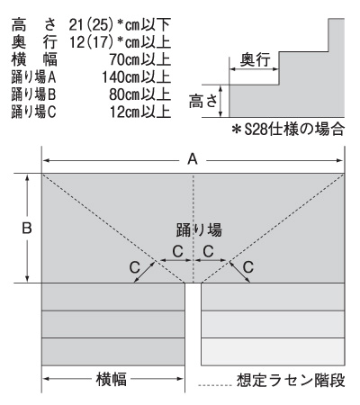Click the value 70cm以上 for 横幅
coord(139,59)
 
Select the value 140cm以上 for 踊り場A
coord(136,77)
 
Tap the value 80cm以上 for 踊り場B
coord(139,94)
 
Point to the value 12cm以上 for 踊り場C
coord(139,112)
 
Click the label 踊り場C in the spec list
coord(33,112)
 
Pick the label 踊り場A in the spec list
coord(33,77)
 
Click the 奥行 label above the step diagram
coord(255,59)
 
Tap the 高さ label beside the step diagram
coord(203,101)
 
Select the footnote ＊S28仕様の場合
coord(288,130)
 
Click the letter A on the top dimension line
coord(193,159)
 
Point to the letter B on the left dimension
coord(27,229)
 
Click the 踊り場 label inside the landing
coord(199,230)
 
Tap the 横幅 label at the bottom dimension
coord(112,379)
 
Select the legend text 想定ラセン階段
coord(291,381)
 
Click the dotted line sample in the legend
coord(215,385)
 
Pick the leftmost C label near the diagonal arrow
coord(135,267)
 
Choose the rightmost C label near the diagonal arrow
coord(248,267)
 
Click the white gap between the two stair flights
coord(193,324)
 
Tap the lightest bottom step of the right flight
coord(273,352)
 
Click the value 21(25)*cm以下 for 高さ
coord(120,25)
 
